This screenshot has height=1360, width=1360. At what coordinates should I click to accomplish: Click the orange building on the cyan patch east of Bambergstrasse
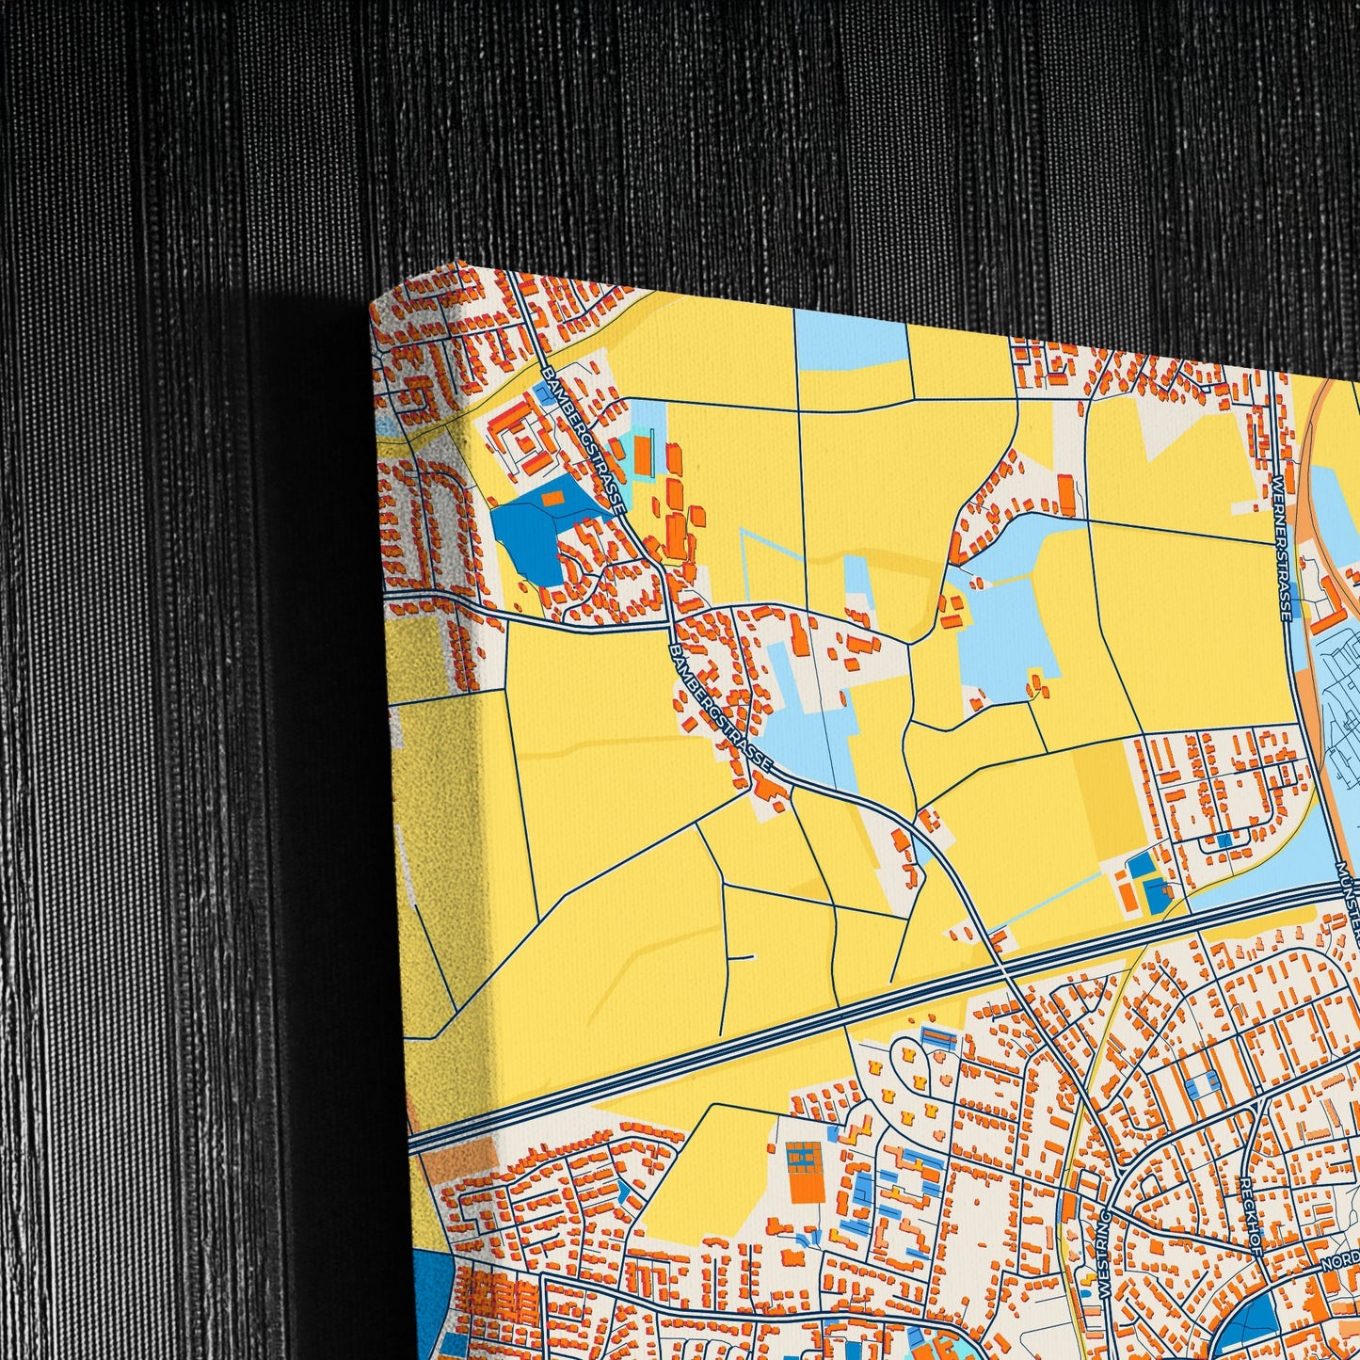coord(642,454)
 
